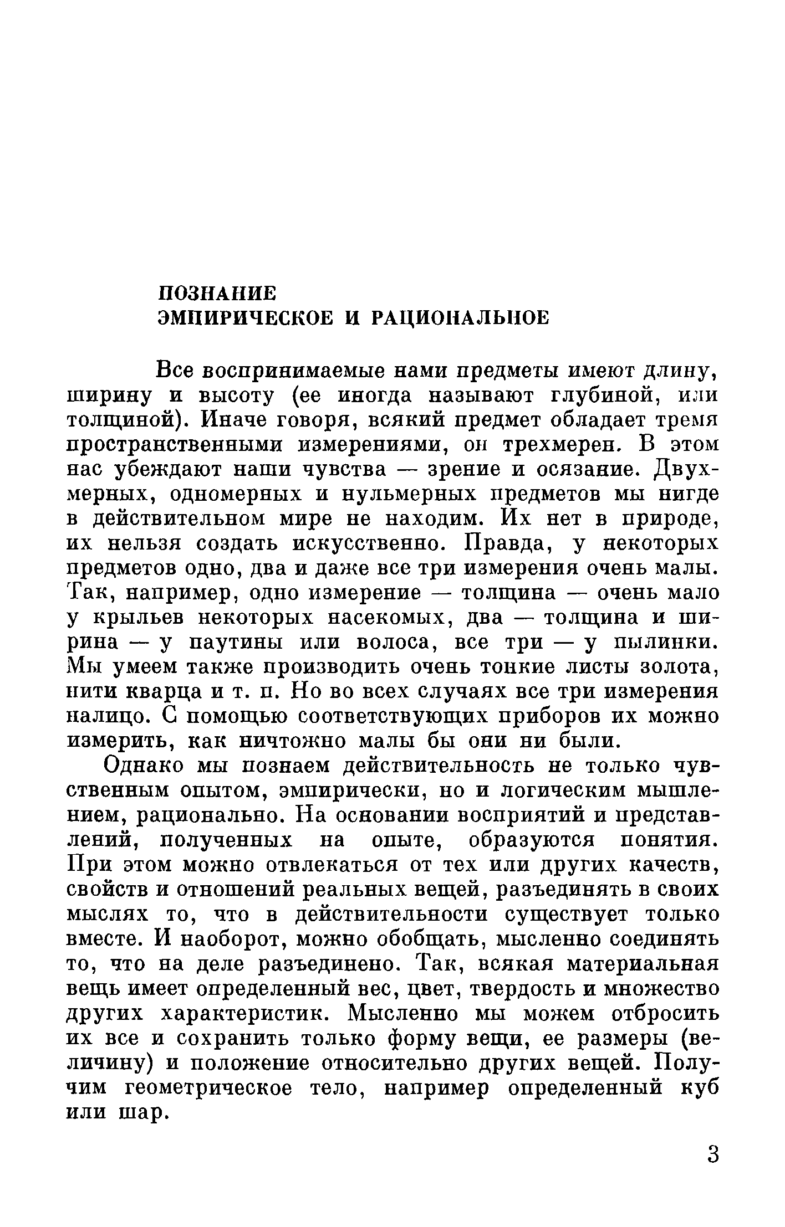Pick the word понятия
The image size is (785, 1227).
pyautogui.click(x=665, y=839)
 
